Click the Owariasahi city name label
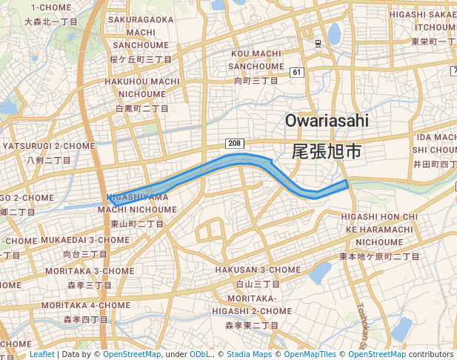[326, 120]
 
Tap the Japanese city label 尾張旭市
[327, 152]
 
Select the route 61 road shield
[297, 72]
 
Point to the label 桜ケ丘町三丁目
[141, 59]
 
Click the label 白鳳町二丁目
[142, 108]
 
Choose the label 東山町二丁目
[137, 223]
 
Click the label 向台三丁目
[85, 254]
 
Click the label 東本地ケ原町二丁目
[379, 256]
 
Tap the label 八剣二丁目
[49, 159]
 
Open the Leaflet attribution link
[41, 354]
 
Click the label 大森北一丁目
[51, 21]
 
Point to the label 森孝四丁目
[86, 319]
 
